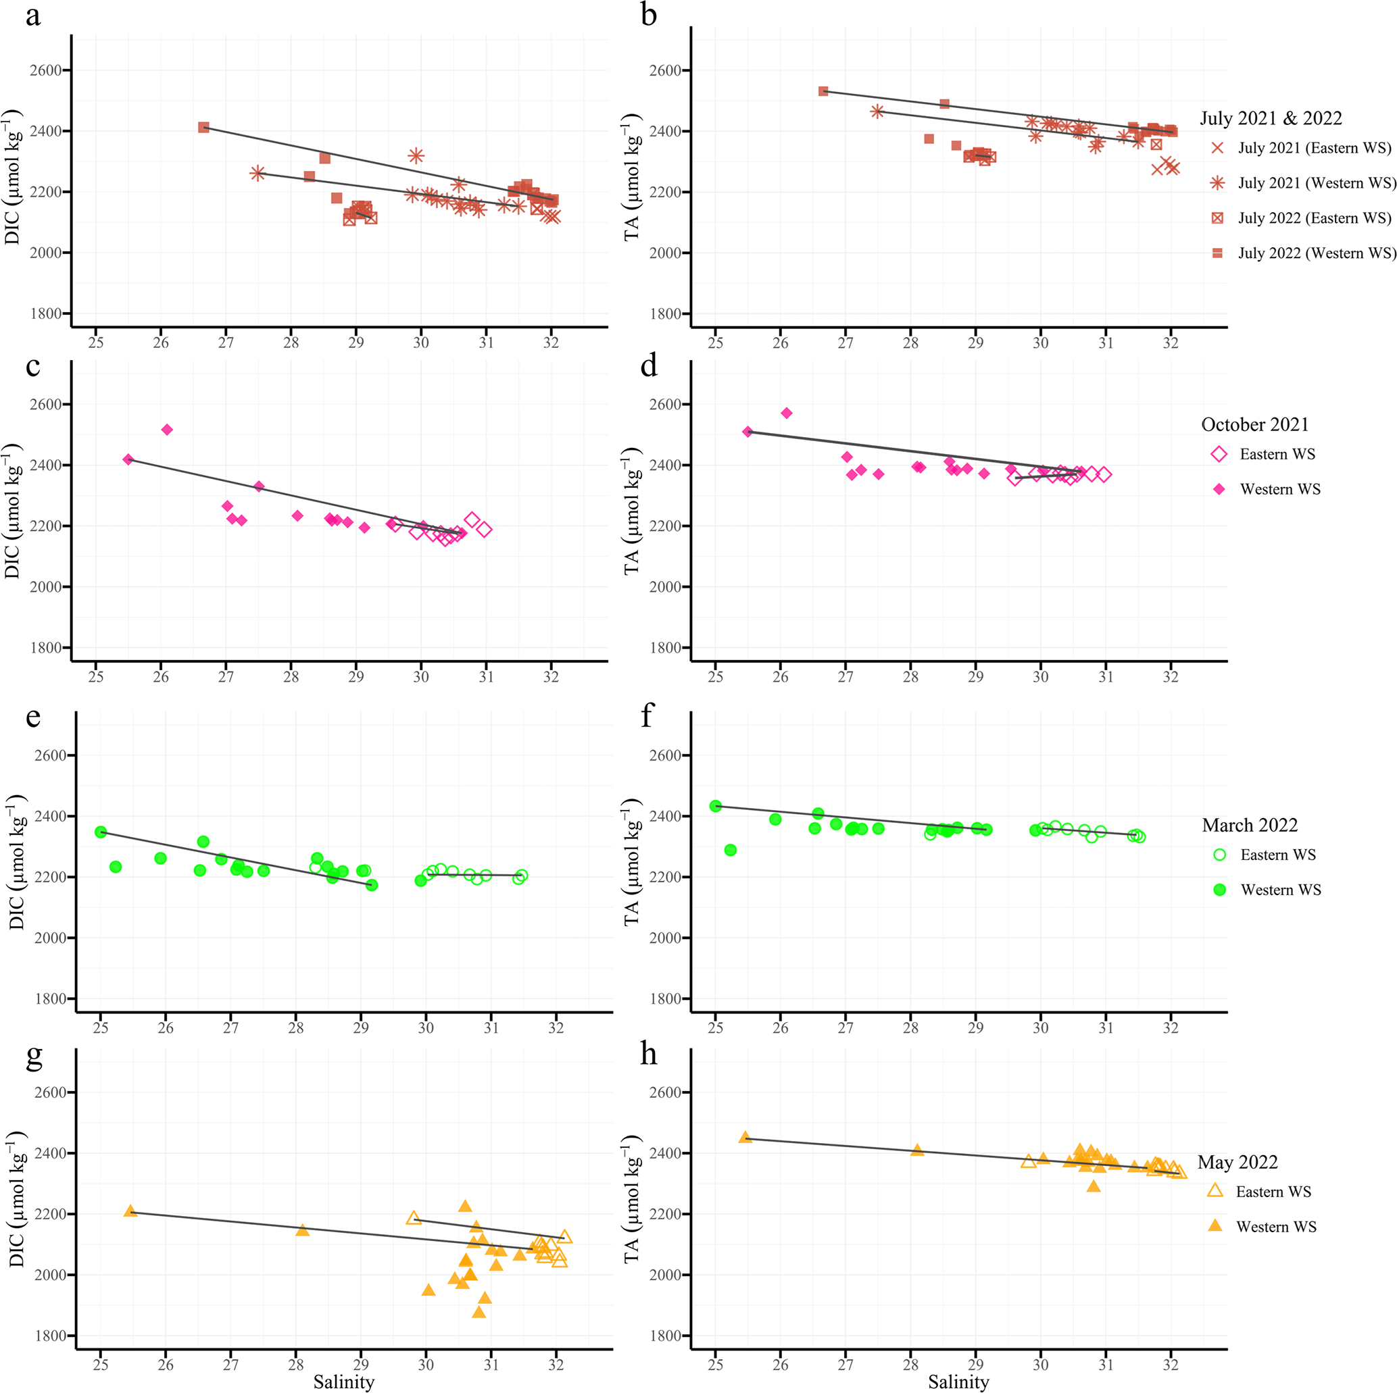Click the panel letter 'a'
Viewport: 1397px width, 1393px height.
(x=32, y=16)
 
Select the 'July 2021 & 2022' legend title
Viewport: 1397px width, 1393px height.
(x=1271, y=118)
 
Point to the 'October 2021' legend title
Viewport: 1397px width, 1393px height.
(x=1254, y=424)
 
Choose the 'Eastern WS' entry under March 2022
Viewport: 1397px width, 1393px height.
(x=1277, y=855)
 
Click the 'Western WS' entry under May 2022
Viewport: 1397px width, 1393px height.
(x=1275, y=1226)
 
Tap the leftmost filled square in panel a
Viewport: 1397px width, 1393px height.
(x=204, y=127)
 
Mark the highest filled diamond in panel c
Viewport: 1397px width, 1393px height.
(x=167, y=430)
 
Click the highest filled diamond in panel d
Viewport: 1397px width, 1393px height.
(x=787, y=413)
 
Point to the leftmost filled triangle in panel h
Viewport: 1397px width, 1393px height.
(x=745, y=1138)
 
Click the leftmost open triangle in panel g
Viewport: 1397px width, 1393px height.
(x=414, y=1218)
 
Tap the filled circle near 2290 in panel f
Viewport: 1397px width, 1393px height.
(x=731, y=850)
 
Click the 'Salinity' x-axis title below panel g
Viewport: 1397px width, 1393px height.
(x=343, y=1382)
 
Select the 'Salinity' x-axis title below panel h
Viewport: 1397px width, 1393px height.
(x=958, y=1382)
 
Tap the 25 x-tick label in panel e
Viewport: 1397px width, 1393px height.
(x=101, y=1028)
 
